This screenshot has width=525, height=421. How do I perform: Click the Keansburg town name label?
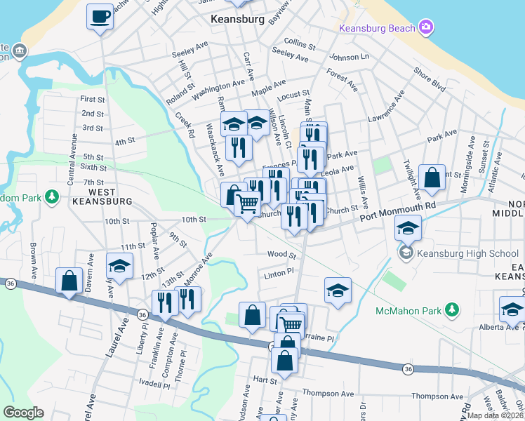pos(237,20)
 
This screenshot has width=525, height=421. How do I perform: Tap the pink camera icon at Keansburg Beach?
pos(425,27)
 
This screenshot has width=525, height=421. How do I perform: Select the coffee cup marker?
pos(100,16)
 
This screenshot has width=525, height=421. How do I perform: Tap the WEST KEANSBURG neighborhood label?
pos(102,196)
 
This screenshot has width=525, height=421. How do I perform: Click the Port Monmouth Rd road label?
pos(398,212)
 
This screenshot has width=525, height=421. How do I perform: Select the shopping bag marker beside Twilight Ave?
pos(432,178)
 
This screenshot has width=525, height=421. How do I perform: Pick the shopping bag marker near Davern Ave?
pos(69,281)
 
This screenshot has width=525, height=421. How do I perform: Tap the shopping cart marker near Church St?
pos(247,205)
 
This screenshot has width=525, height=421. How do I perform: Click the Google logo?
pos(23,413)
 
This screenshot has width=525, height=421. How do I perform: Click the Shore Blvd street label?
pos(430,80)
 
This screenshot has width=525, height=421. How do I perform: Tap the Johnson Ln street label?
pos(348,57)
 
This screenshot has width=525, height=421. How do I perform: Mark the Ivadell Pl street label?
pos(154,385)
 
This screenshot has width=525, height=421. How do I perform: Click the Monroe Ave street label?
pos(197,269)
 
